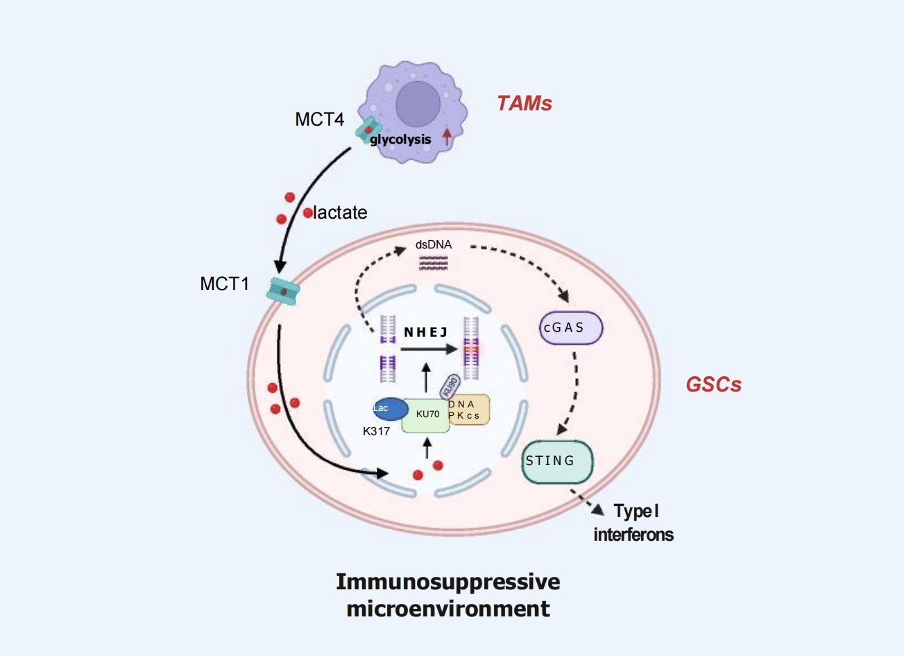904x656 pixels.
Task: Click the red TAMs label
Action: coord(524,103)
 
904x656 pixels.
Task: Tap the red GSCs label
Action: coord(713,385)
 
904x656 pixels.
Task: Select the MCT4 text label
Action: coord(319,119)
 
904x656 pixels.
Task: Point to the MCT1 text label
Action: coord(224,284)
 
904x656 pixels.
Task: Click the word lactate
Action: coord(340,212)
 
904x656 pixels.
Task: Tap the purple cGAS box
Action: coord(571,328)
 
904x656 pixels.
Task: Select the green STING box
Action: coord(557,462)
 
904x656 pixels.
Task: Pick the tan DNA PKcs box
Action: coord(468,410)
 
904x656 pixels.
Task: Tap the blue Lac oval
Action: coord(389,409)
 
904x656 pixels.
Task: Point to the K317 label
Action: coord(376,431)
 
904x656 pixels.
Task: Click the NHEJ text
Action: coord(425,333)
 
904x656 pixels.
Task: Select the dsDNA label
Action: coord(433,245)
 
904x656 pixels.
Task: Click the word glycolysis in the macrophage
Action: coord(400,140)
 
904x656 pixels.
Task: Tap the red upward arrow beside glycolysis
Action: coord(447,136)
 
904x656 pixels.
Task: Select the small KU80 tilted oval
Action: coord(450,385)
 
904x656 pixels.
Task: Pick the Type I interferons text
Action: coord(633,523)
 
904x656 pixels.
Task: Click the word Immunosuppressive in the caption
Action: coord(447,582)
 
